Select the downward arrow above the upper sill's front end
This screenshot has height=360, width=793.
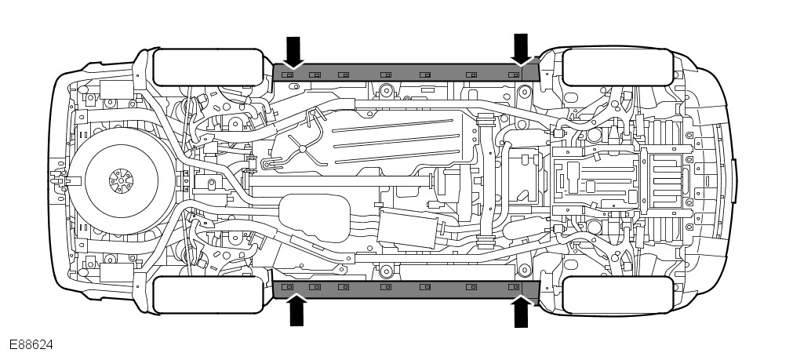tap(521, 49)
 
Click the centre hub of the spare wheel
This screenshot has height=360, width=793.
tap(121, 181)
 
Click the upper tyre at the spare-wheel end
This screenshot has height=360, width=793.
tap(207, 67)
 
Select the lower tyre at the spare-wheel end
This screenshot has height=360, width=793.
tap(207, 295)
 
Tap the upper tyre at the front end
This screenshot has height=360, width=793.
tap(617, 67)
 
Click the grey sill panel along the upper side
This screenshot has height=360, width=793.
tap(408, 72)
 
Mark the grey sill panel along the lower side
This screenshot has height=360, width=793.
tap(408, 289)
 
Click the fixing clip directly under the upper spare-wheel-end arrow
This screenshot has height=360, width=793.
tap(287, 75)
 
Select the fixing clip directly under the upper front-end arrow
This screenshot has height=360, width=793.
tap(514, 75)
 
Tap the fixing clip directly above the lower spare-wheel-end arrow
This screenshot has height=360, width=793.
tap(288, 288)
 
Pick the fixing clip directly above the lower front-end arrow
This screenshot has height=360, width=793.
tap(514, 288)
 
